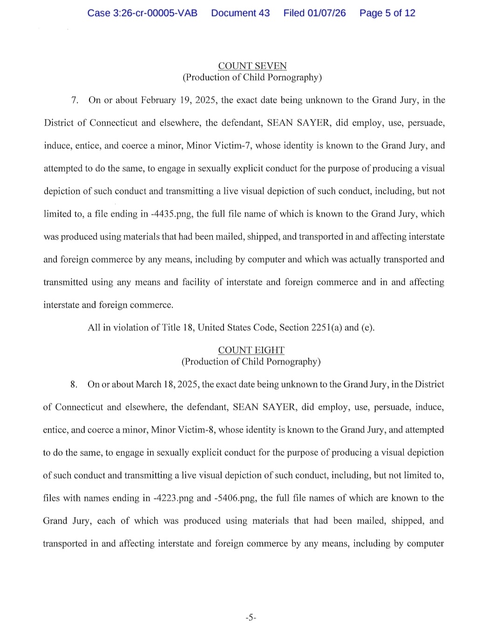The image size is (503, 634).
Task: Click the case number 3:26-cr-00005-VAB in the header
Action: pos(142,13)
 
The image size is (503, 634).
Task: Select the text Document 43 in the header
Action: pos(240,13)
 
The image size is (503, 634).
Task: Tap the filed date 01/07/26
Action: pos(326,13)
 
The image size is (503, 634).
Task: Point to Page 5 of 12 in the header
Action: pos(387,13)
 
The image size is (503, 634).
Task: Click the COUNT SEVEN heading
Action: pos(252,66)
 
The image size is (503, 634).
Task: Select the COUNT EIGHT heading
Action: pos(251,350)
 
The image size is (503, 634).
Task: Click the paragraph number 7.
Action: pos(74,100)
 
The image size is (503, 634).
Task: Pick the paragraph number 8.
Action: pos(74,385)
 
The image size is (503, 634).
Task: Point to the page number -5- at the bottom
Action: pos(251,618)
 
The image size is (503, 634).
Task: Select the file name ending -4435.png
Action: pos(172,214)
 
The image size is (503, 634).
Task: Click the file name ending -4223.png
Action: pos(173,498)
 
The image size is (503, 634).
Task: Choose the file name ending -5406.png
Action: pos(235,498)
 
